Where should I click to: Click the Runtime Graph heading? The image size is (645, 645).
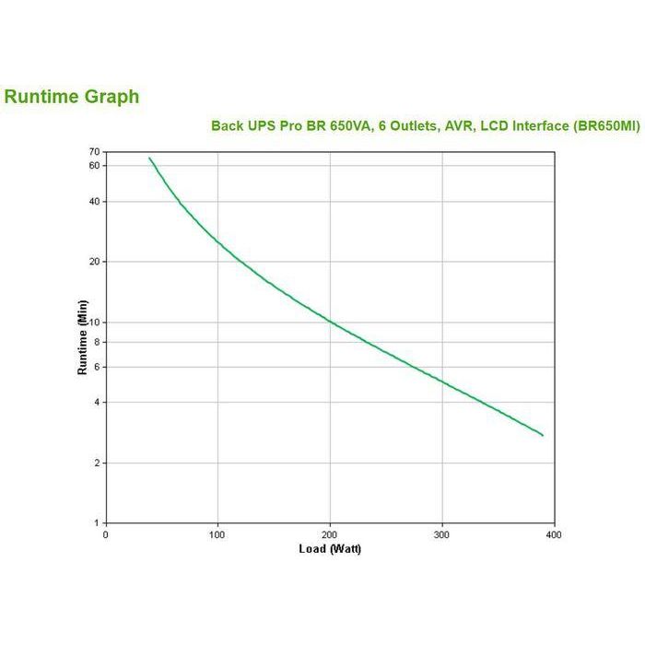72,97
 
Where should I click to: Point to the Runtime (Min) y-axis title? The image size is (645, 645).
82,337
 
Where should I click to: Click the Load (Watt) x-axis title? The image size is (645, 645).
330,550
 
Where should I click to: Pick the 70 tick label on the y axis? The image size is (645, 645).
94,151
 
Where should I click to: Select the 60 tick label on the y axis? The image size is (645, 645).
94,166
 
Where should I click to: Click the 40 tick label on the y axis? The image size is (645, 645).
94,202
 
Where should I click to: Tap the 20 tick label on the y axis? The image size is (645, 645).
94,262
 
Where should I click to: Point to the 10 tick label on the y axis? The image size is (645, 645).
94,322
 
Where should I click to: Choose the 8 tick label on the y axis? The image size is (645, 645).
96,342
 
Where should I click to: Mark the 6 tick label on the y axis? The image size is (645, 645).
96,367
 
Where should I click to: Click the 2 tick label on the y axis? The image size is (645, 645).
96,463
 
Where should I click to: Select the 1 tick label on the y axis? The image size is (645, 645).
96,523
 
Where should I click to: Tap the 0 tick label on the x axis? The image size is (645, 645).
105,534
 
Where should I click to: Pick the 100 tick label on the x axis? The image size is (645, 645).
217,534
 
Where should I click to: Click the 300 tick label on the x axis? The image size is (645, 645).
442,534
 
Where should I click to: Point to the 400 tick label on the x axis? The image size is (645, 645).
555,534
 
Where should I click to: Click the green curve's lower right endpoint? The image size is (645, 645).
543,435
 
